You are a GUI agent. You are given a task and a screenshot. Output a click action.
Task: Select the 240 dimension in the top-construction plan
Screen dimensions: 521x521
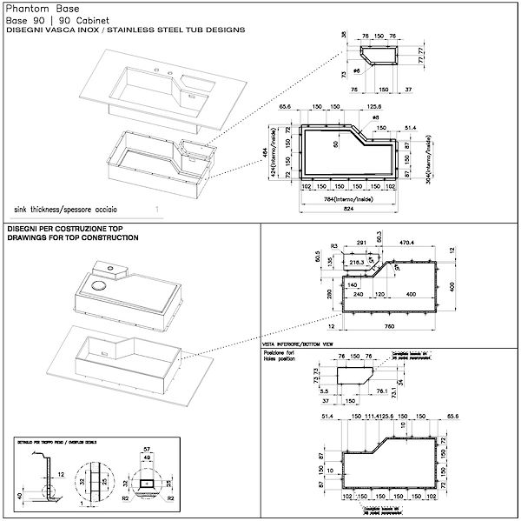tap(358, 294)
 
